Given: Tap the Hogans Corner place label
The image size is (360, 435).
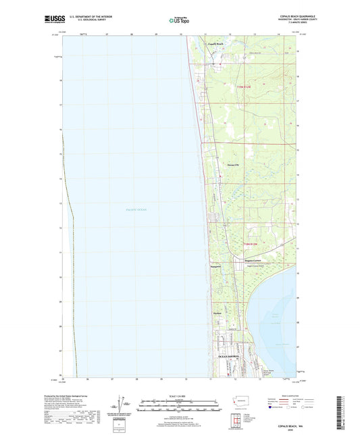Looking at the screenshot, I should (234, 259).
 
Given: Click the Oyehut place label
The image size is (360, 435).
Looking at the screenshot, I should (217, 313).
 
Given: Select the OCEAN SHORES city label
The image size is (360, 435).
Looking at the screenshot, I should (228, 357).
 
